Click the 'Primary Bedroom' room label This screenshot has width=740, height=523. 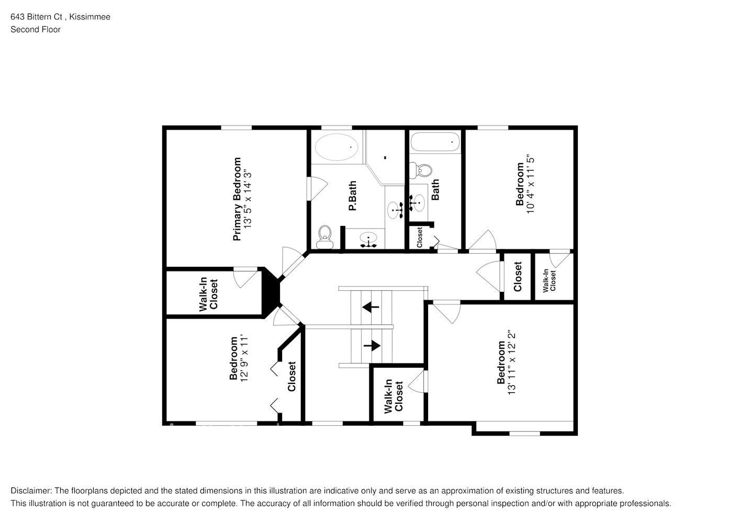[237, 199]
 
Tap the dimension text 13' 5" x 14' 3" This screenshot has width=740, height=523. [248, 199]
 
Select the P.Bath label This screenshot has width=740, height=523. [353, 196]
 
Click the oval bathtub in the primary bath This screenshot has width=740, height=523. [337, 147]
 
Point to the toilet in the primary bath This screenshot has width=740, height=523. [325, 237]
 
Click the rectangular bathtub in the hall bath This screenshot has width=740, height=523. [435, 142]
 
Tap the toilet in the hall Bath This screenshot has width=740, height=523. [421, 170]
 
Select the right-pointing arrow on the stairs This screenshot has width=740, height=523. [372, 346]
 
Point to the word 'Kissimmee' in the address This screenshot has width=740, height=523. [90, 17]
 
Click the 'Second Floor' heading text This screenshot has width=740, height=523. [36, 29]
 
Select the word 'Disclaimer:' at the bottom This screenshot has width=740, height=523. [31, 491]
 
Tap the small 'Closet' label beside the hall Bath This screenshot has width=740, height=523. [419, 237]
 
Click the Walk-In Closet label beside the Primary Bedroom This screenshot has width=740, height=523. [208, 294]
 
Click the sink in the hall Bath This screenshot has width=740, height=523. [417, 203]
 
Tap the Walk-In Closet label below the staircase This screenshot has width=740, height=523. [394, 396]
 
